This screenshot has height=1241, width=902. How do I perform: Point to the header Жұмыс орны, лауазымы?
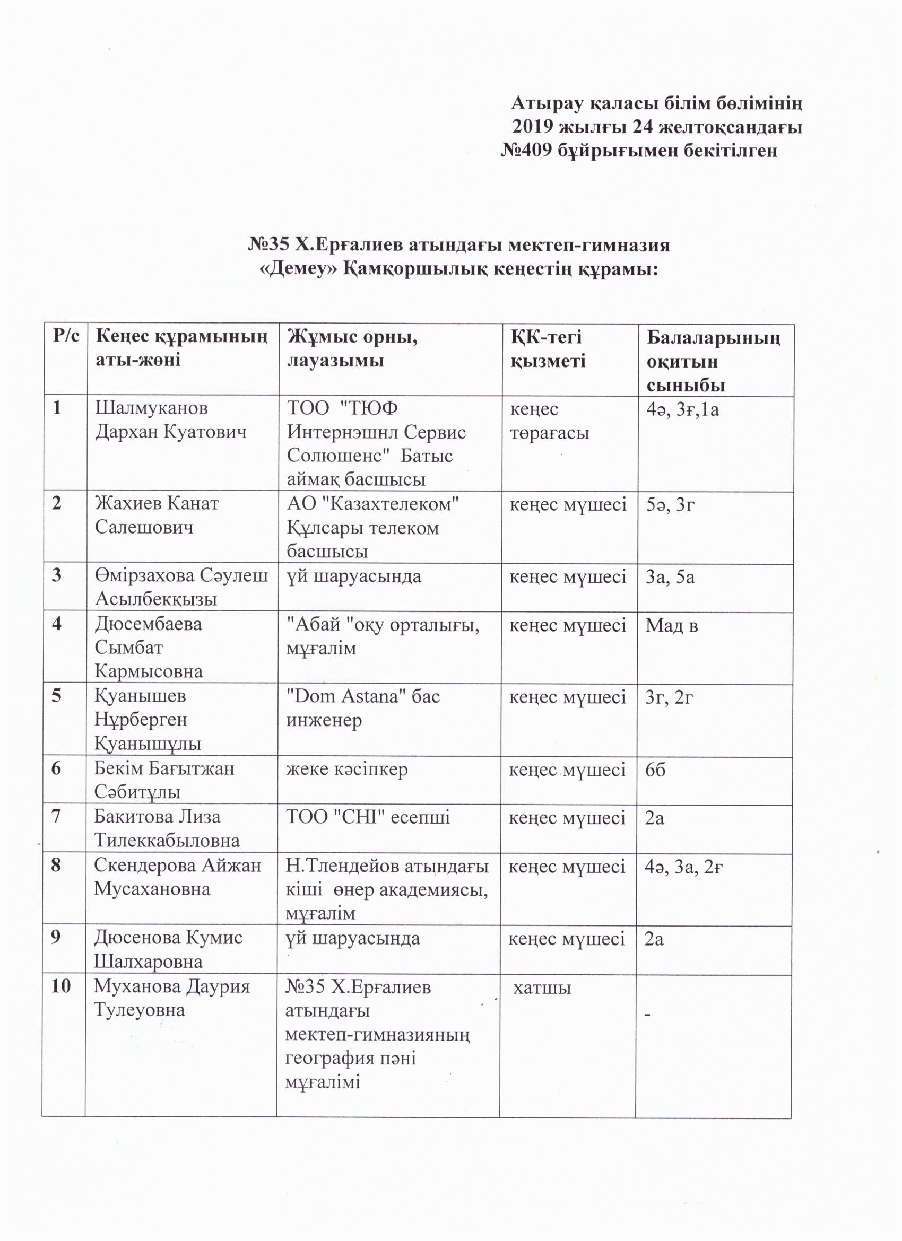[x=352, y=348]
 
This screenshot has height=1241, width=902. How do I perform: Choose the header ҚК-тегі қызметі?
[x=548, y=348]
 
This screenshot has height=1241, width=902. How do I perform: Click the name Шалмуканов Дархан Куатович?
[x=170, y=420]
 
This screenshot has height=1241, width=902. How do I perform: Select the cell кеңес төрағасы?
[x=550, y=420]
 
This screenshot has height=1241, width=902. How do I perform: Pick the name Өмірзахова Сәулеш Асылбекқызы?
[x=180, y=587]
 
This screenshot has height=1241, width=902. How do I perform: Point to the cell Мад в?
[x=672, y=625]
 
